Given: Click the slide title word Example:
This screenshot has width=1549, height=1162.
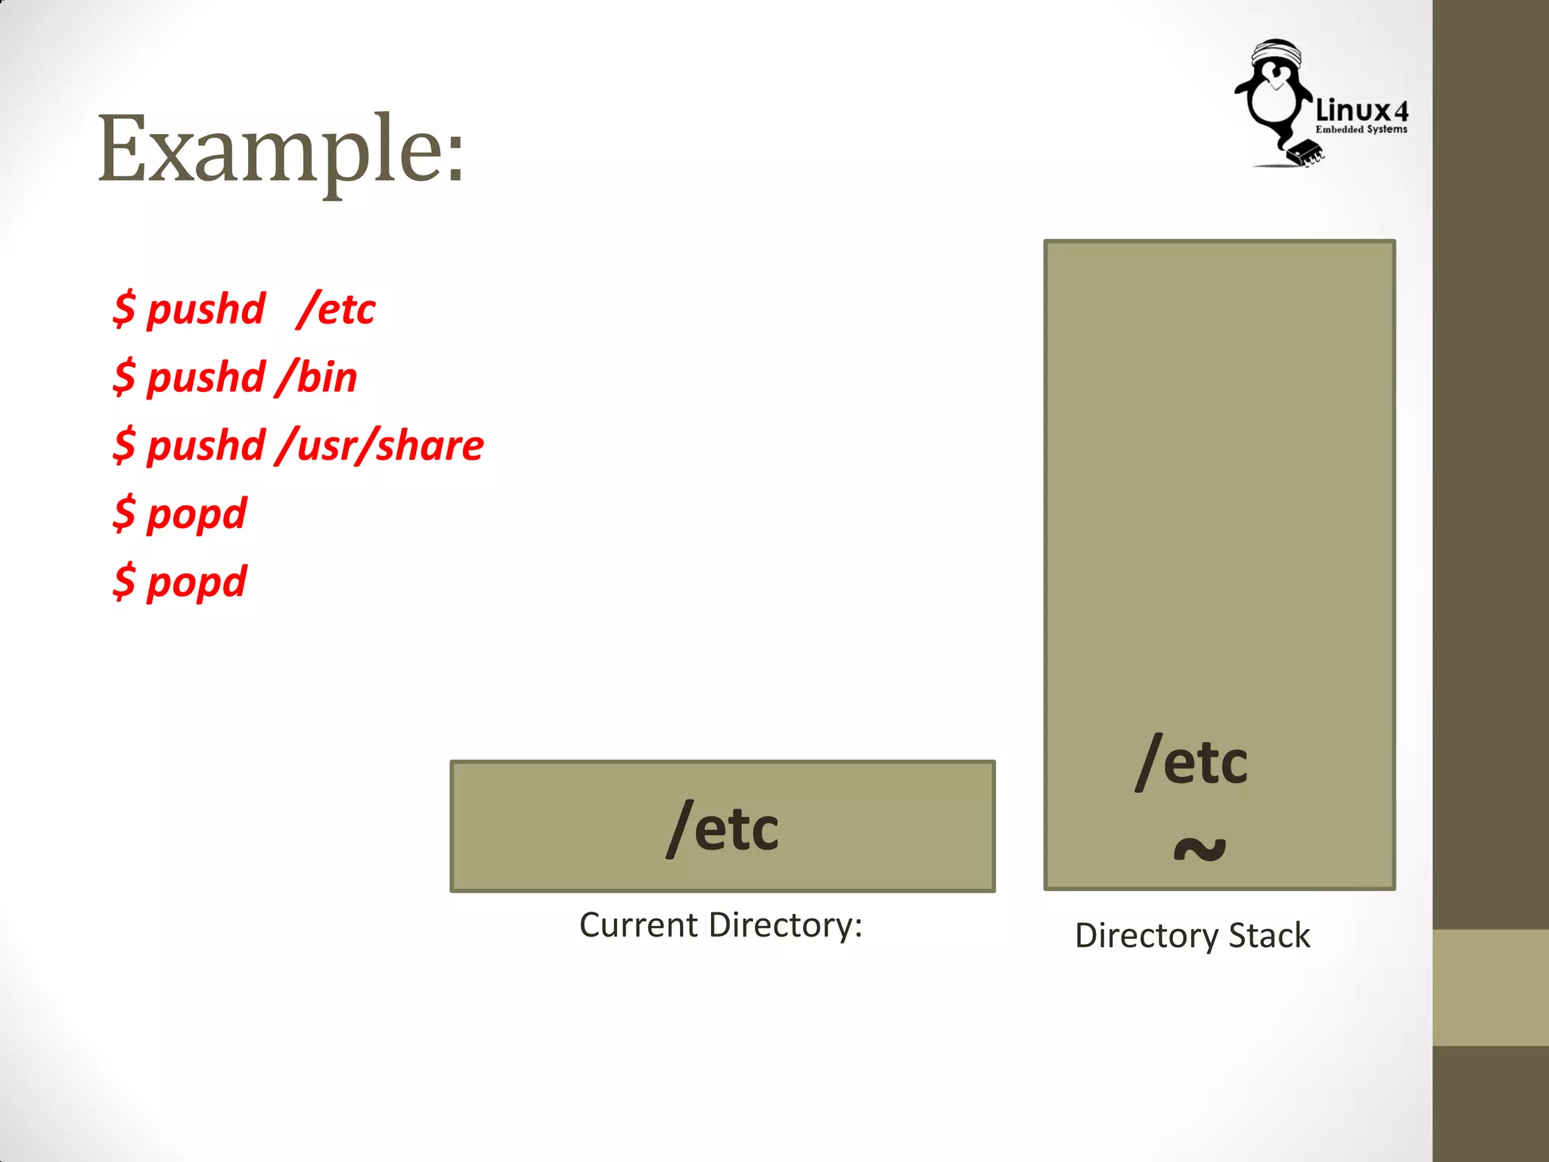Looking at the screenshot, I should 280,149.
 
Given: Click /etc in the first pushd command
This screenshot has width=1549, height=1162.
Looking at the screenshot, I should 337,309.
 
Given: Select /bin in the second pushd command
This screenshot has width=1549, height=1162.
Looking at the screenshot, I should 317,377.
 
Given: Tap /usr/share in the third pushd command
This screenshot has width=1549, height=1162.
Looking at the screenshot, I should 380,445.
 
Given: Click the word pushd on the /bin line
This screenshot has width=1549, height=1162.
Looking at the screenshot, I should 206,377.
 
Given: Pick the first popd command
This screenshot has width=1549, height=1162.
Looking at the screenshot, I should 180,514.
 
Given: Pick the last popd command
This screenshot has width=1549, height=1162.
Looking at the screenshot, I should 180,582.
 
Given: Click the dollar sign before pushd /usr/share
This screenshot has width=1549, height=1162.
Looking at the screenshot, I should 124,445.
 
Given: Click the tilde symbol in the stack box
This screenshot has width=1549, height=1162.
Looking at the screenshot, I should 1199,849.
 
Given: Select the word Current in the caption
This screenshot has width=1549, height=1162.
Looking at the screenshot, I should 638,925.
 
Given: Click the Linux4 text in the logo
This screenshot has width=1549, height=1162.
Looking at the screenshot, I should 1361,111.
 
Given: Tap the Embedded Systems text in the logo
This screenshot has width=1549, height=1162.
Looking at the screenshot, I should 1361,129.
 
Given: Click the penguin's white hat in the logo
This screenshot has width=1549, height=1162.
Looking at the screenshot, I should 1277,53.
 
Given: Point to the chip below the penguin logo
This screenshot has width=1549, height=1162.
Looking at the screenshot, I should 1305,152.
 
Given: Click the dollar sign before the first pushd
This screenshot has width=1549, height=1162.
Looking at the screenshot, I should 124,309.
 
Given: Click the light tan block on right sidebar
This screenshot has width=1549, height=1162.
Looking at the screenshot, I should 1490,987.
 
